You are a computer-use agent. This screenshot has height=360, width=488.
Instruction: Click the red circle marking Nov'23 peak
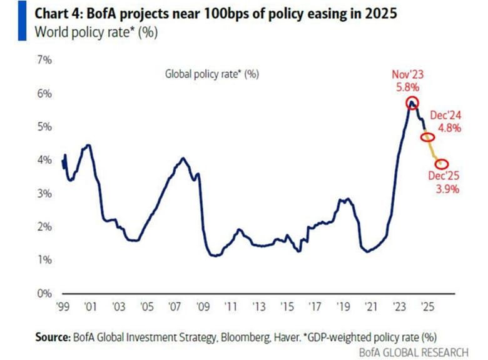point(412,103)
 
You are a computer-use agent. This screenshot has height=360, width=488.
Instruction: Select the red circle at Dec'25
point(441,164)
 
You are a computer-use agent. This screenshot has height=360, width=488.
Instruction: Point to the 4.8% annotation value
point(449,129)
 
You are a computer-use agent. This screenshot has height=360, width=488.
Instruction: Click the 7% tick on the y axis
point(46,61)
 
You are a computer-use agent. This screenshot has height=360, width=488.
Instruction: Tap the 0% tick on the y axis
point(46,293)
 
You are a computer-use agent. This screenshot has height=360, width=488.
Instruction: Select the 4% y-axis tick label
point(46,160)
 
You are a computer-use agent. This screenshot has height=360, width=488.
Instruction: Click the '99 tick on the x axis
point(63,307)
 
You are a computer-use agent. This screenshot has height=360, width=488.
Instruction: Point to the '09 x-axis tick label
point(201,307)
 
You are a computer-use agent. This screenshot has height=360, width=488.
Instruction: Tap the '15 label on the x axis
point(285,307)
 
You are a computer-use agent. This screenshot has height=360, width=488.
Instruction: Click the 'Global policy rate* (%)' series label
point(211,74)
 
